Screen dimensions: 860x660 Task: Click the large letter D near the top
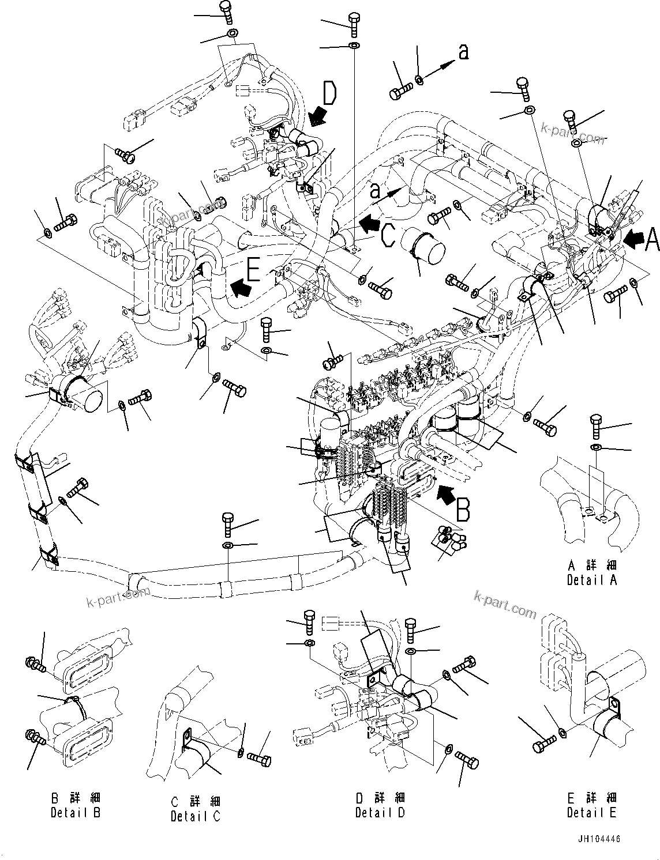[x=329, y=93]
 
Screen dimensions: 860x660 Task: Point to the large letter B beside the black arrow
[x=463, y=510]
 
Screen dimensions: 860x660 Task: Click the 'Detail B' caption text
[x=76, y=813]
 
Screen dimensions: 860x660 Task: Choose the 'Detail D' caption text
[x=380, y=813]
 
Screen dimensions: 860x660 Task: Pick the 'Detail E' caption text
[x=591, y=813]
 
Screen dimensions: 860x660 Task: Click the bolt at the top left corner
[x=226, y=11]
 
